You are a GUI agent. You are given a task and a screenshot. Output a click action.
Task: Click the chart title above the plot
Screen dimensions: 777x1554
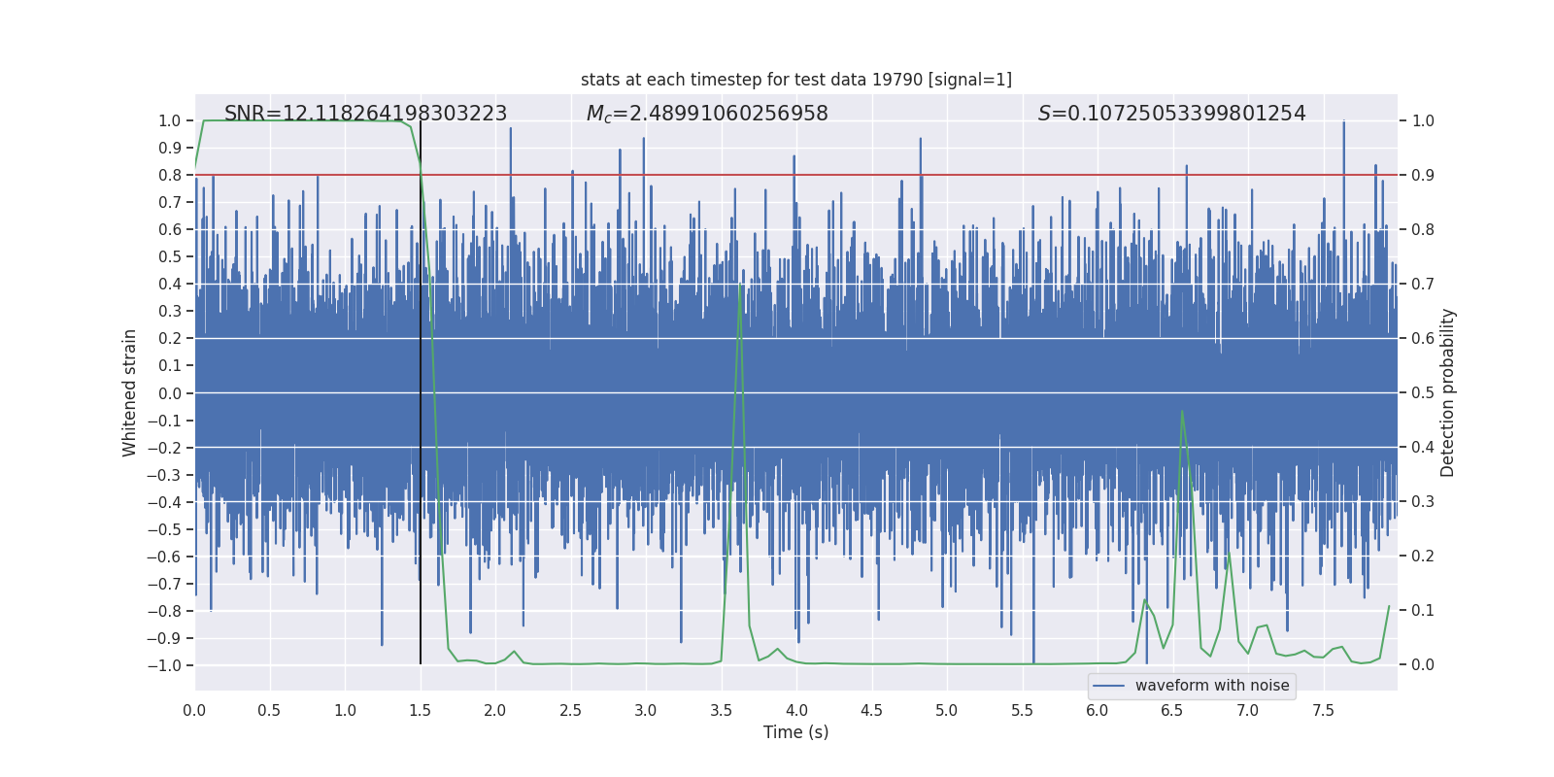tap(795, 80)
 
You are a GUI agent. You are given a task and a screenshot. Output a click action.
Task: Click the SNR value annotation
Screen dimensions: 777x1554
tap(365, 114)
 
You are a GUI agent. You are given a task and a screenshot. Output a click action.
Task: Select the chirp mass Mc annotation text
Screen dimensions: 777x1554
tap(707, 114)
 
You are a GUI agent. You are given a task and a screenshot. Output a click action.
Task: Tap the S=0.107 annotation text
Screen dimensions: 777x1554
tap(1171, 114)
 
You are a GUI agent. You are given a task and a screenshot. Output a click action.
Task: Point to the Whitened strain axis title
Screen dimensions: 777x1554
tap(130, 392)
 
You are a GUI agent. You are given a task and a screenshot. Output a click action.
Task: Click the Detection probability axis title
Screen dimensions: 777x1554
tap(1447, 392)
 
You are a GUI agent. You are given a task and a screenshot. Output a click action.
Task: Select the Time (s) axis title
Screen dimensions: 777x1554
tap(795, 732)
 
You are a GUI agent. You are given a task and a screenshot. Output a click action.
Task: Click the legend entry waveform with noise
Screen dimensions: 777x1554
tap(1211, 686)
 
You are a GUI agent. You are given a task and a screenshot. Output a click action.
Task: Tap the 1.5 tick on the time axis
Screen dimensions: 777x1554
tap(420, 710)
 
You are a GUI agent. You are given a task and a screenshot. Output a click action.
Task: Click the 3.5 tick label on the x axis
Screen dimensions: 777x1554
tap(721, 710)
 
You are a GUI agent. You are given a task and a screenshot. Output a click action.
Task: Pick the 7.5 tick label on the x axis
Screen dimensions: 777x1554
tap(1323, 710)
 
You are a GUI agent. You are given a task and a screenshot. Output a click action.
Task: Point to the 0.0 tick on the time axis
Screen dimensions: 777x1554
tap(194, 710)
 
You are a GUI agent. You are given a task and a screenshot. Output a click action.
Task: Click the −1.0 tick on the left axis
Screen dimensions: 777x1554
tap(164, 665)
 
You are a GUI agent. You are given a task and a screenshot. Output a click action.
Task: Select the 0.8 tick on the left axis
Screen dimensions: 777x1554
tap(170, 175)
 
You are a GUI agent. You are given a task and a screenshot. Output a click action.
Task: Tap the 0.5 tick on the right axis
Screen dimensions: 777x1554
tap(1423, 392)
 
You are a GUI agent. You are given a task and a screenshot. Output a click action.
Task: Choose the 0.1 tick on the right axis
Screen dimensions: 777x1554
tap(1423, 610)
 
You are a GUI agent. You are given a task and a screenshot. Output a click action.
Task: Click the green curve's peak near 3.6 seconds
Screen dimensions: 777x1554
tap(740, 285)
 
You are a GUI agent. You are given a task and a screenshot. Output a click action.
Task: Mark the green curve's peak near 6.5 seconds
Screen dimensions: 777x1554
tap(1182, 412)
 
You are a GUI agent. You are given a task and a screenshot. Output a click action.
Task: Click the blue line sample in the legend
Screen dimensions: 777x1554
tap(1108, 686)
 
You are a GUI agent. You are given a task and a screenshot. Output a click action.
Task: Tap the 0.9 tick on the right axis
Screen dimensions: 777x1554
tap(1423, 175)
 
